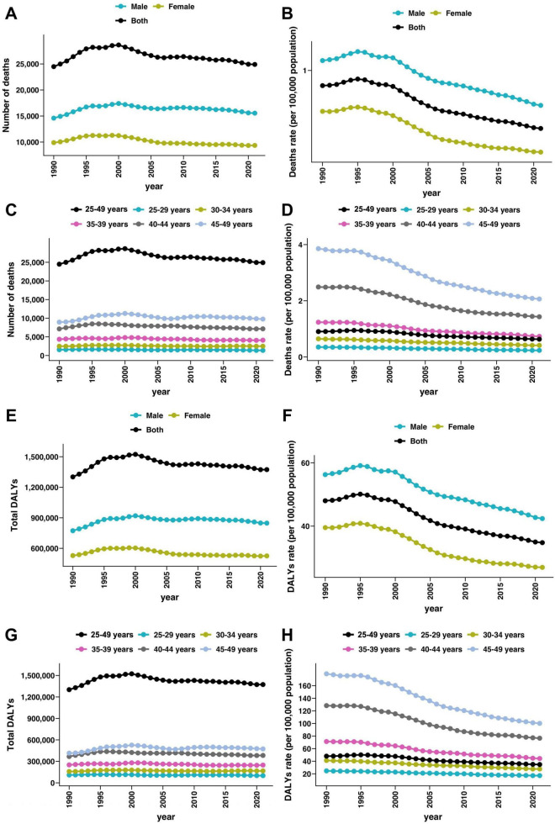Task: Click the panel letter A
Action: (10, 13)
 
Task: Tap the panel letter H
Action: (288, 635)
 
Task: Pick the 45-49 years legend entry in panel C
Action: (226, 224)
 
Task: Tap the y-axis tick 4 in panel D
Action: (300, 245)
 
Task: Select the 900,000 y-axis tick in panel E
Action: (41, 518)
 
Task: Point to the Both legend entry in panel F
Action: (411, 441)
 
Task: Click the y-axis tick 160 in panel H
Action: (304, 686)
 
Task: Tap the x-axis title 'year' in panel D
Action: (428, 392)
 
